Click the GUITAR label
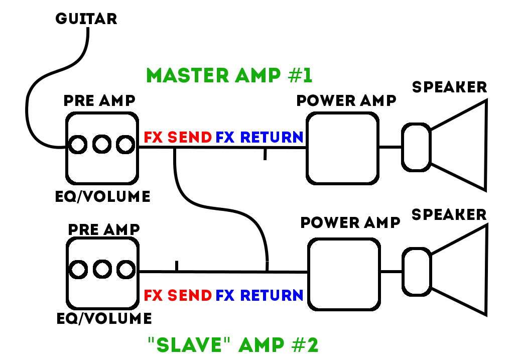(86, 19)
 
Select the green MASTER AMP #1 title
(229, 75)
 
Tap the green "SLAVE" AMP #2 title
(233, 345)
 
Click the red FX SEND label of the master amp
(178, 137)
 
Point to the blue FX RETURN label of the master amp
(260, 137)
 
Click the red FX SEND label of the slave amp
(178, 295)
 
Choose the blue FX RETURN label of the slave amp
(260, 295)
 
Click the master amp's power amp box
(342, 148)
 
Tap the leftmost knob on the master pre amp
(78, 145)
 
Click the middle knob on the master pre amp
(101, 145)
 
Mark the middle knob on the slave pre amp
(102, 270)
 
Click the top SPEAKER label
(449, 87)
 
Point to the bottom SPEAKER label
(449, 214)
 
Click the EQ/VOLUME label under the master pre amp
(102, 196)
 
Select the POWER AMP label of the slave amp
(350, 222)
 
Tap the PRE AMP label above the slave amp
(103, 229)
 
